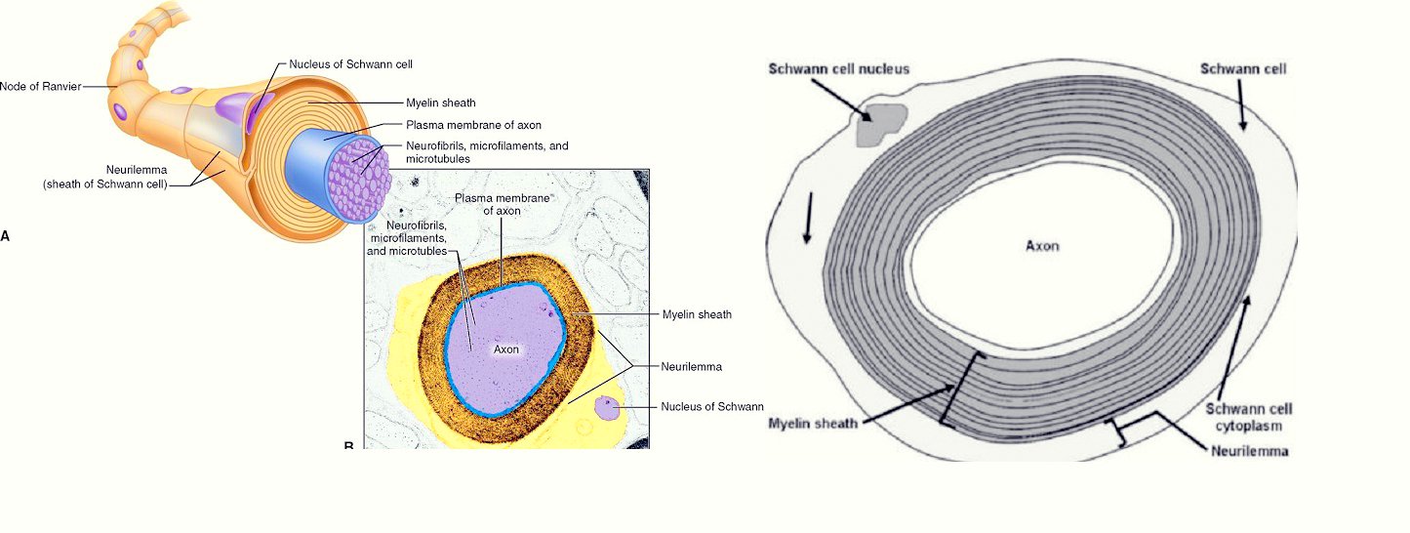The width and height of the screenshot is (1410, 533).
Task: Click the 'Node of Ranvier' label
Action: [x=39, y=86]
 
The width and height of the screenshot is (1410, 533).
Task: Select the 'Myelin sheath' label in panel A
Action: [x=441, y=102]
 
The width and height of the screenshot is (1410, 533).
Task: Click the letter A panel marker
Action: [x=5, y=235]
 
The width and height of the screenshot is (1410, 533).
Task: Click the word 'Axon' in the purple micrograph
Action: [x=505, y=348]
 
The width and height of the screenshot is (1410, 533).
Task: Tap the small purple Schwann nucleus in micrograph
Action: [x=610, y=406]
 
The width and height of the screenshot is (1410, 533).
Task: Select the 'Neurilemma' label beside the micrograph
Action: [x=691, y=367]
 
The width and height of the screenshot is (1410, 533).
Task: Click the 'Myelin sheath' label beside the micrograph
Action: [x=697, y=314]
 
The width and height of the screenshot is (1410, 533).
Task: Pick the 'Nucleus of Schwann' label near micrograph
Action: [x=711, y=406]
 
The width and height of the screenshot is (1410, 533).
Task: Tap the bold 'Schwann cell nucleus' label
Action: [x=838, y=69]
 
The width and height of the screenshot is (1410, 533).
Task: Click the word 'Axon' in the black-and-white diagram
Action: [x=1041, y=246]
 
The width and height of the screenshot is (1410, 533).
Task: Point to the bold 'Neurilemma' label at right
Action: [x=1250, y=451]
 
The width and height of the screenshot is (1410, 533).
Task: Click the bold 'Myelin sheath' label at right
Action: [x=813, y=423]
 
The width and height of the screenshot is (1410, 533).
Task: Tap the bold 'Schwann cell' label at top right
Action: [x=1242, y=69]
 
